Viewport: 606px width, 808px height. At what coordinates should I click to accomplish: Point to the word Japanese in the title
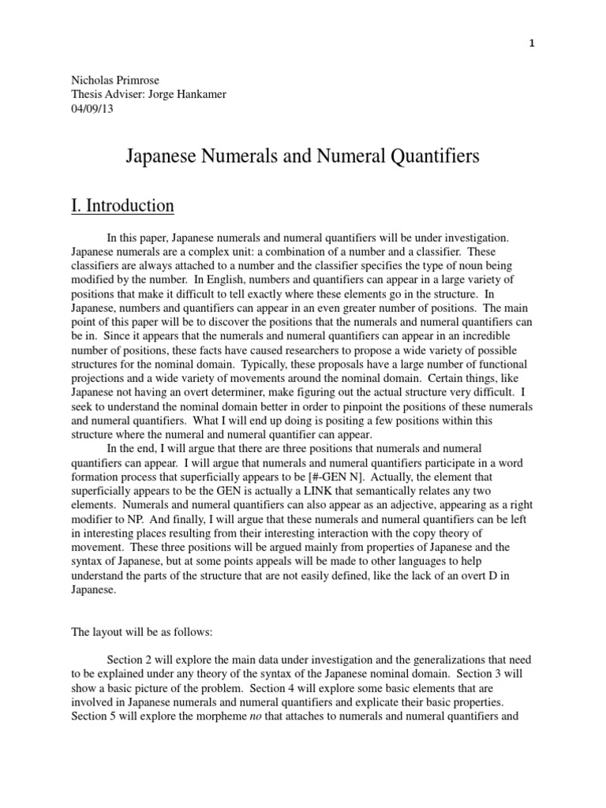[163, 157]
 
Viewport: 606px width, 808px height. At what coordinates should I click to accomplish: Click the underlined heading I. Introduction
[122, 206]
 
